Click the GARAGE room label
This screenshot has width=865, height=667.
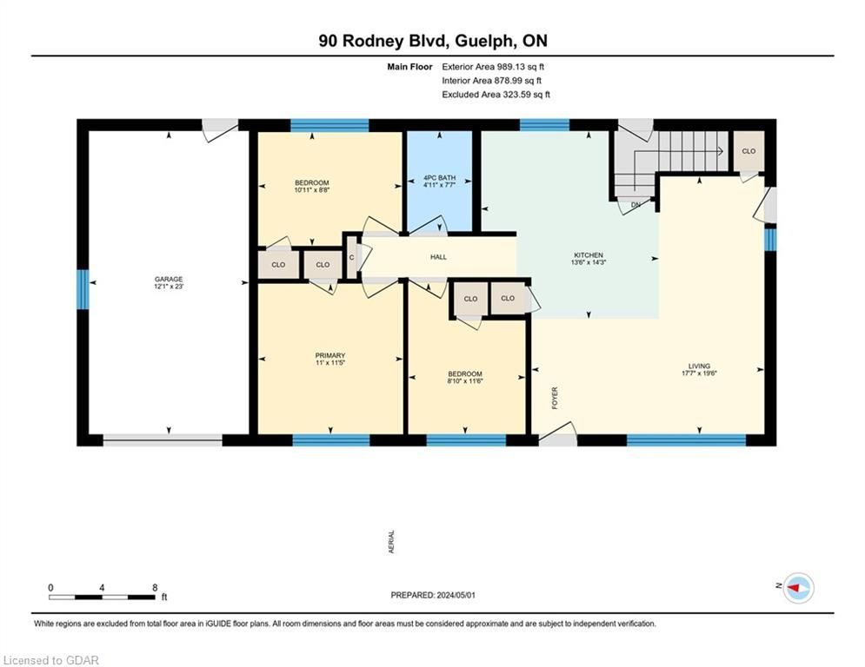[x=169, y=280]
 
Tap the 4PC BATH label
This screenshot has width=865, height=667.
[x=440, y=178]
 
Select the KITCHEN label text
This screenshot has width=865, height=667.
[x=589, y=255]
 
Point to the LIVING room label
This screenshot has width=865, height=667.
[x=699, y=366]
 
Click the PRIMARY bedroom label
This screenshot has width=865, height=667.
[x=330, y=355]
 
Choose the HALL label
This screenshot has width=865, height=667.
[x=438, y=257]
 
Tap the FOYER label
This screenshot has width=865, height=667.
[x=555, y=398]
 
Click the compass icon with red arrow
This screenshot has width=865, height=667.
[x=799, y=588]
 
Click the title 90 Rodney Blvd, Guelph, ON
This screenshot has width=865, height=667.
[x=433, y=41]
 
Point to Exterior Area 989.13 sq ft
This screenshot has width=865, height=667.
[x=493, y=67]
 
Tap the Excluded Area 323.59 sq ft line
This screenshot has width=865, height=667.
[x=496, y=95]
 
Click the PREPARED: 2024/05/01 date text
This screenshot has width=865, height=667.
[x=433, y=595]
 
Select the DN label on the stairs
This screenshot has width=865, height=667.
[x=635, y=205]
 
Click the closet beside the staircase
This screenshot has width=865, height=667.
[x=749, y=150]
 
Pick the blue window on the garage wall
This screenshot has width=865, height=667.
[x=83, y=289]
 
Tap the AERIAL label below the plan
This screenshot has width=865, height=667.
[x=392, y=541]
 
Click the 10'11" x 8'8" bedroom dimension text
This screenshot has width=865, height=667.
[x=312, y=190]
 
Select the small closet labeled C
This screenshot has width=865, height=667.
[x=352, y=257]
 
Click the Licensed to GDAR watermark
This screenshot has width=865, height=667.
[x=50, y=660]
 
